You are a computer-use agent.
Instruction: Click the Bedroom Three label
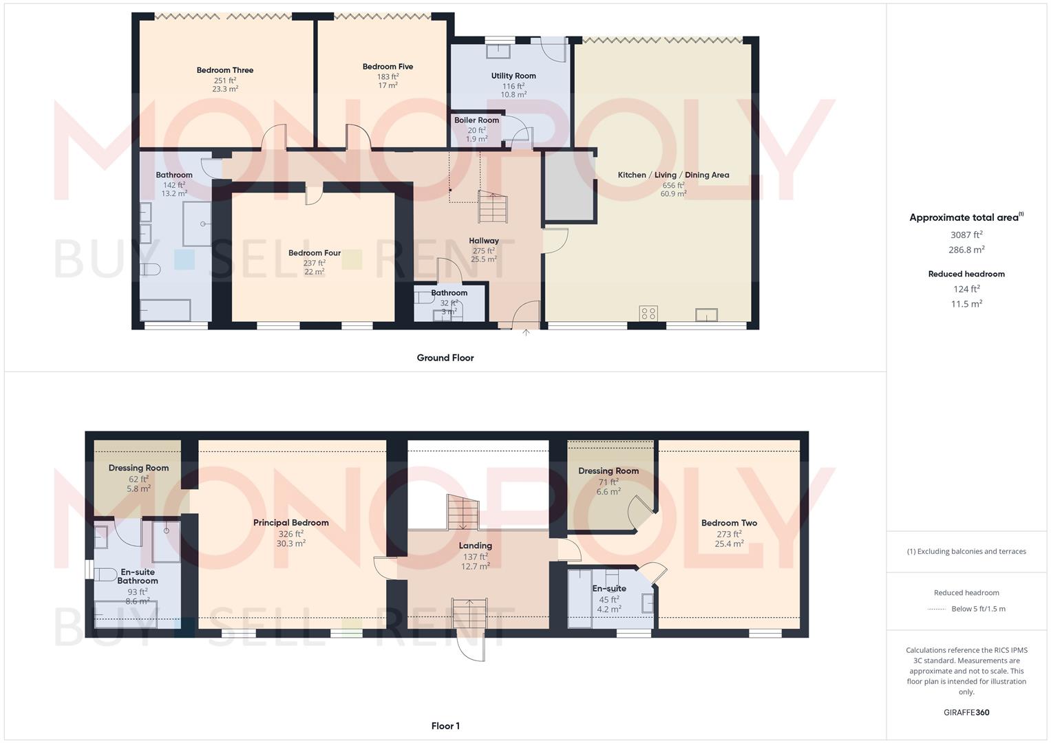[x=224, y=70]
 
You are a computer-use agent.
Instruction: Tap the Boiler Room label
[x=476, y=120]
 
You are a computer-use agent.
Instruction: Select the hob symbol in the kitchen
[x=648, y=314]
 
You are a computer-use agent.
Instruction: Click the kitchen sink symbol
[x=706, y=315]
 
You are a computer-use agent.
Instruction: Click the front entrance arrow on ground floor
[x=526, y=333]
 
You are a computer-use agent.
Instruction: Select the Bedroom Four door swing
[x=313, y=195]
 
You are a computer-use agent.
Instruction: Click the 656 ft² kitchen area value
[x=672, y=185]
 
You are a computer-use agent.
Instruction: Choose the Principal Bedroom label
[x=290, y=523]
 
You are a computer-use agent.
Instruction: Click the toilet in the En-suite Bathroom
[x=105, y=574]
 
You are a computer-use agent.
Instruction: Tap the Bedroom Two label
[x=729, y=523]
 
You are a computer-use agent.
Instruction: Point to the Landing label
[x=475, y=546]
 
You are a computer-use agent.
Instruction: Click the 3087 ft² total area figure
[x=966, y=235]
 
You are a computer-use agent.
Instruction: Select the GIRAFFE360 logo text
[x=966, y=713]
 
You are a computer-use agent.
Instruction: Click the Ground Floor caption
[x=445, y=358]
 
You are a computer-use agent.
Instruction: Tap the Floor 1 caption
[x=445, y=726]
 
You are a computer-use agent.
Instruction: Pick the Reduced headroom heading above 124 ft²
[x=966, y=274]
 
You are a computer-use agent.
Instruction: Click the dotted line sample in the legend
[x=937, y=609]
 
